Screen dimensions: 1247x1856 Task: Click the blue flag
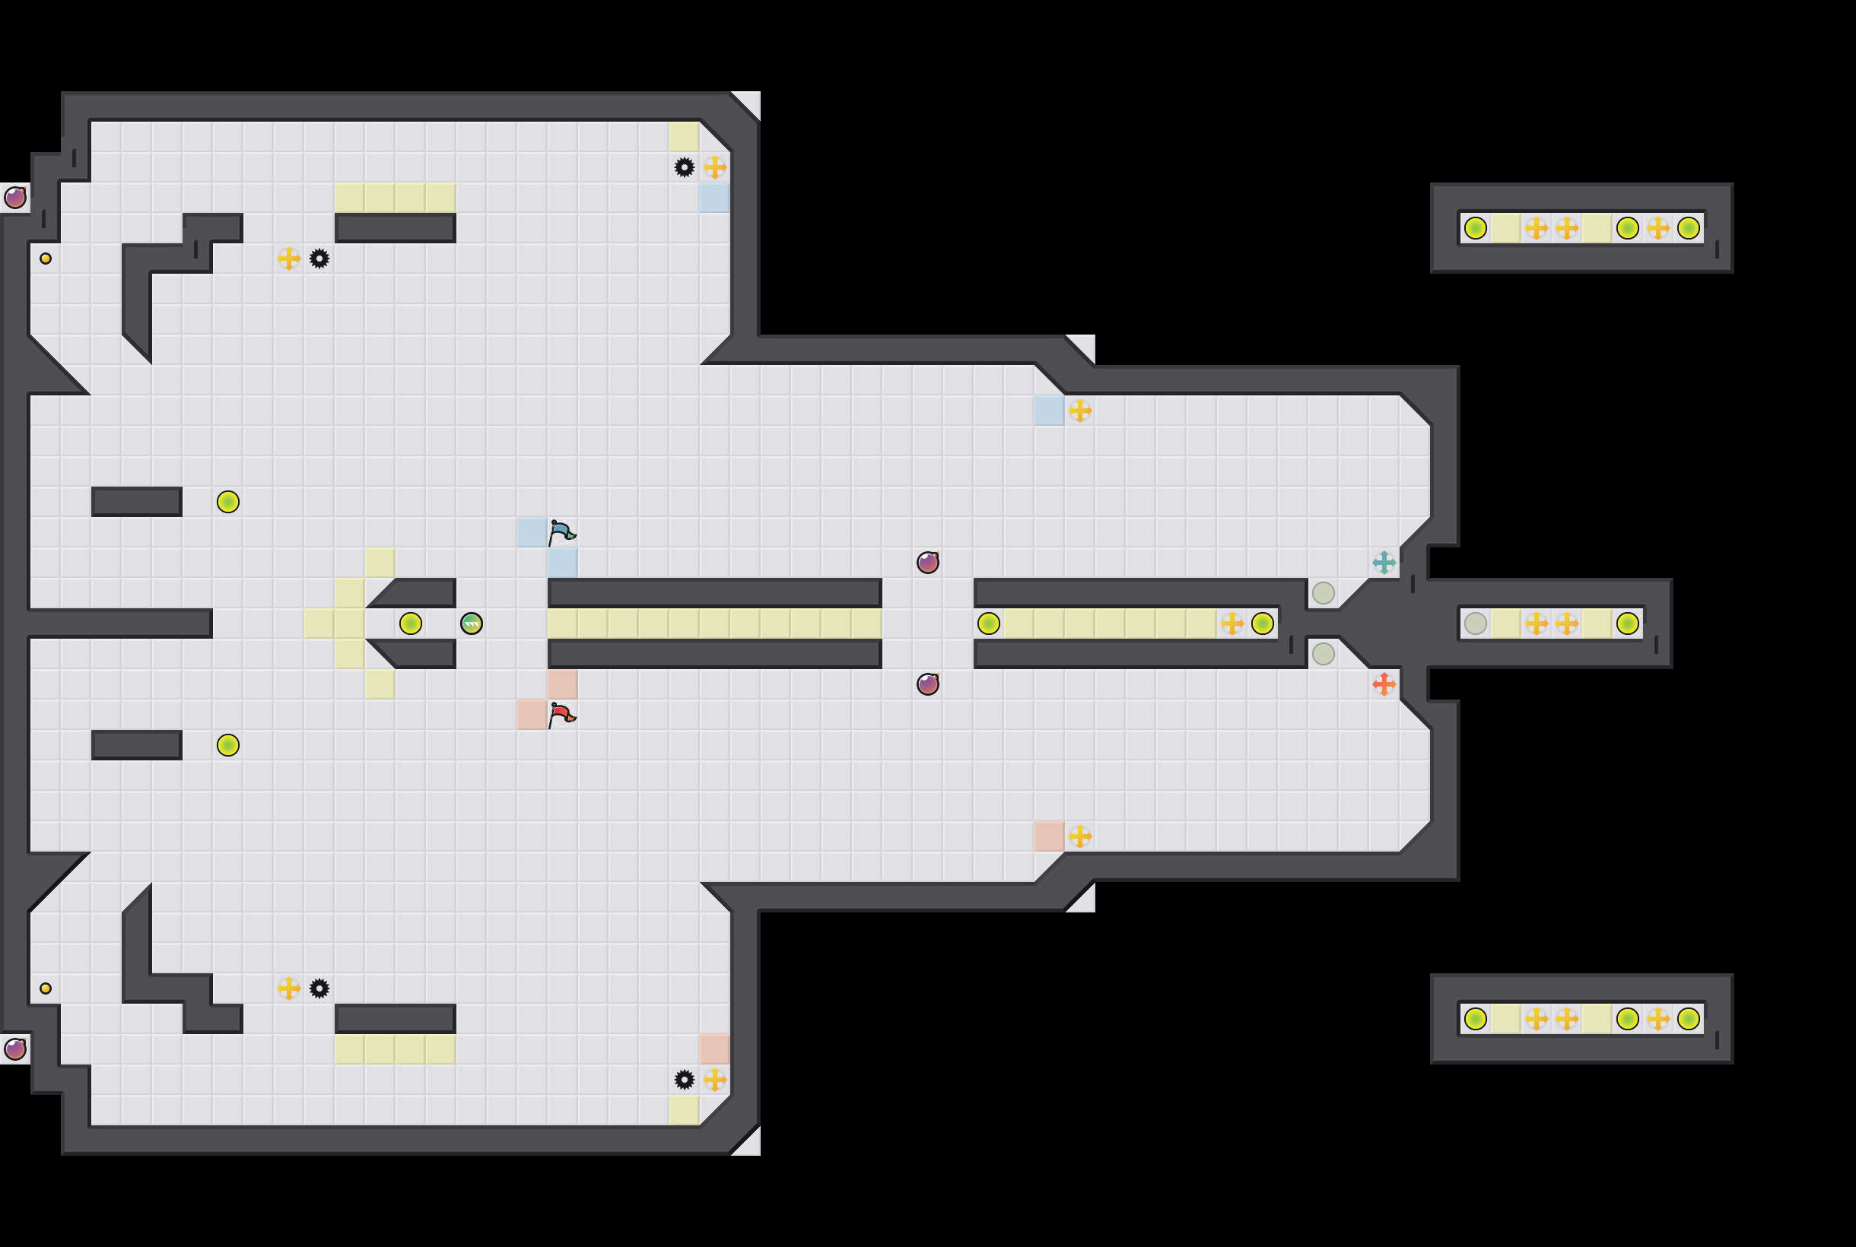[x=561, y=531]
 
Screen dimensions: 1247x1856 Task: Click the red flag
[x=561, y=714]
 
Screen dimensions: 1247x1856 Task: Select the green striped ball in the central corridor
[x=471, y=623]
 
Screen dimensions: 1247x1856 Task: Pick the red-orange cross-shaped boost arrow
[x=1384, y=684]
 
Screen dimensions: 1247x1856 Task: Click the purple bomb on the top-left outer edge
[x=15, y=197]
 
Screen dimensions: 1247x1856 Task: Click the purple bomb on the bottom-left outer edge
[x=15, y=1049]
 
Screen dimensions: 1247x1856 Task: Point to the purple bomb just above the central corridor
[x=927, y=562]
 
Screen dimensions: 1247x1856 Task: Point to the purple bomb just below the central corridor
[x=927, y=684]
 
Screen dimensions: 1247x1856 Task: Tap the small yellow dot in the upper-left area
[x=46, y=259]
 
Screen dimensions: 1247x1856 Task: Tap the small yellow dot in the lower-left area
[x=46, y=988]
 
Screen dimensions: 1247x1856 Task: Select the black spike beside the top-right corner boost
[x=684, y=167]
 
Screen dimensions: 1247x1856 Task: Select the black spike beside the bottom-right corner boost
[x=684, y=1079]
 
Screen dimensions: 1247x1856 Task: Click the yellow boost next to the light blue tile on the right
[x=1079, y=411]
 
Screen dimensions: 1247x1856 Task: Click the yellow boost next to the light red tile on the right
[x=1079, y=836]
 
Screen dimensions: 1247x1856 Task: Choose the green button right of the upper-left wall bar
[x=228, y=502]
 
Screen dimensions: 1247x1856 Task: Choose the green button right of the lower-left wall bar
[x=228, y=745]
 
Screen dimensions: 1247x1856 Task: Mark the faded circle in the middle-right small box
[x=1475, y=623]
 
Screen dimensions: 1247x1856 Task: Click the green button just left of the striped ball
[x=411, y=623]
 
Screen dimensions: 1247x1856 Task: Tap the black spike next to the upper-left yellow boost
[x=319, y=259]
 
